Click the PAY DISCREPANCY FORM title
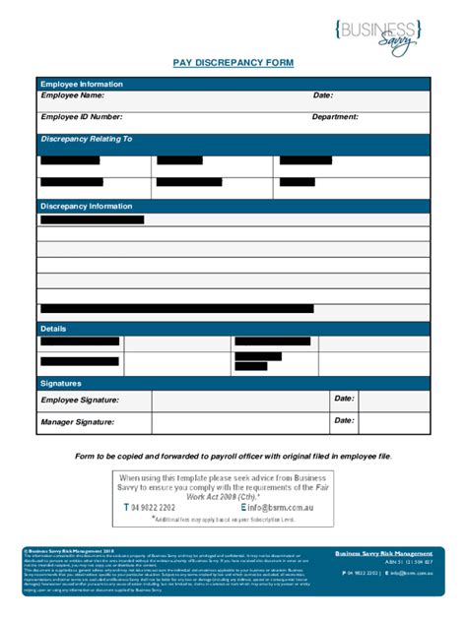pos(233,63)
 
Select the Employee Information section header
pos(82,85)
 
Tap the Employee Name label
pos(72,95)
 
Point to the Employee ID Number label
pos(82,117)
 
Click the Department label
pos(335,117)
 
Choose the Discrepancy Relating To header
pos(87,140)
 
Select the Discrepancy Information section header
pos(87,207)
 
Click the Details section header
pos(53,329)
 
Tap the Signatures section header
pos(61,383)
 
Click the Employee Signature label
pos(80,401)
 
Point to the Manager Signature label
pos(78,422)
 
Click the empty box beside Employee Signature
pos(240,401)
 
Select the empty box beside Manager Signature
pos(240,422)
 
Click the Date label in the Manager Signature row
pos(344,420)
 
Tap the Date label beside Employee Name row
pos(323,95)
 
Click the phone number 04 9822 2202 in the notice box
pos(153,507)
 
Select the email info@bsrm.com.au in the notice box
pos(266,507)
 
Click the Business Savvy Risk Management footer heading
pos(383,554)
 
